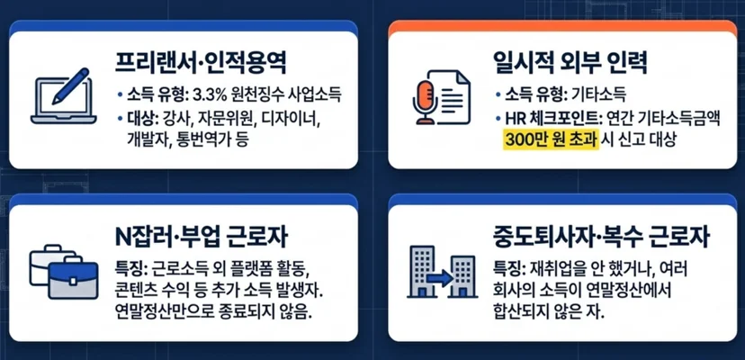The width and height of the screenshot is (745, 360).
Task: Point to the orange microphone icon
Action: (425, 102)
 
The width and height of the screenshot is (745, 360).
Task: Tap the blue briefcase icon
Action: (73, 280)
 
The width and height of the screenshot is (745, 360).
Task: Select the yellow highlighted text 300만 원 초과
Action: (551, 140)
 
